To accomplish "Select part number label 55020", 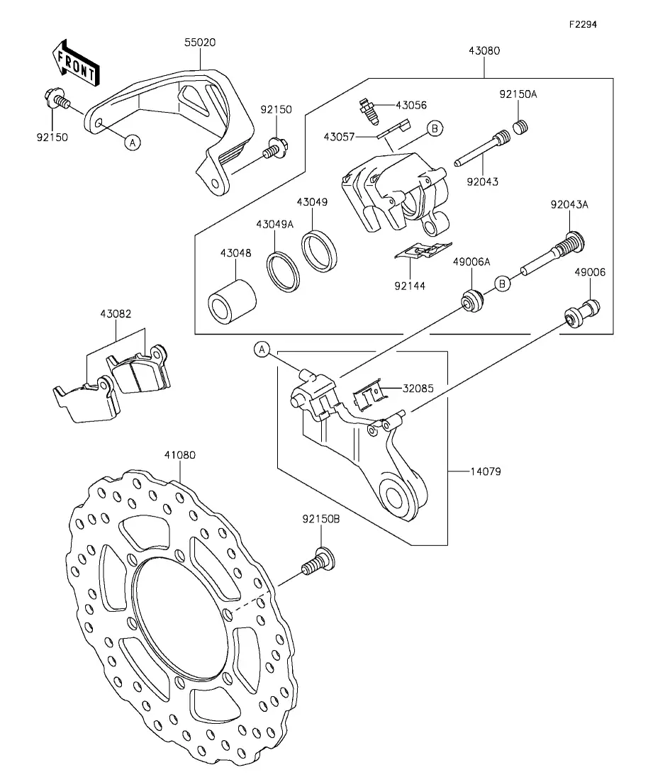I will [x=201, y=43].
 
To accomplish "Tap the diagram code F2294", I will [x=583, y=24].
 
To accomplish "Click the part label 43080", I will [x=484, y=51].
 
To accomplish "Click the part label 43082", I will [x=116, y=313].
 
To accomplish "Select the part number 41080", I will [x=180, y=456].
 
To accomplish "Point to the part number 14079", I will [x=486, y=471].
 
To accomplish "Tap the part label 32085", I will [x=419, y=388].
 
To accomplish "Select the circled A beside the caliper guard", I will [x=132, y=143].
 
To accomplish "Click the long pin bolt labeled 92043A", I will [x=557, y=255].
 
